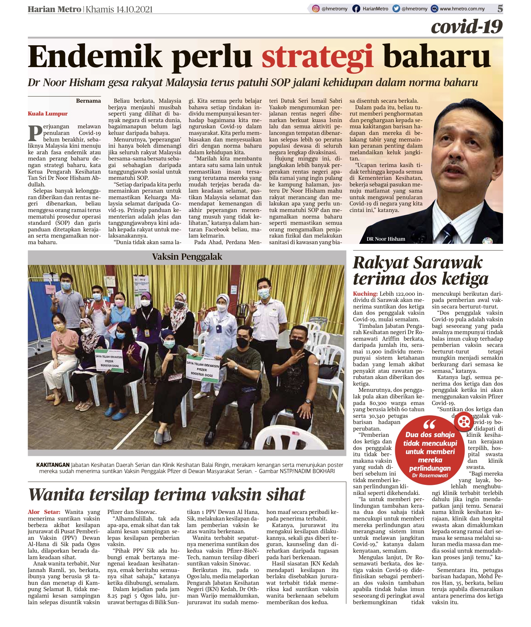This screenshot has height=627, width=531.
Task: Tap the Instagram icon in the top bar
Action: click(316, 9)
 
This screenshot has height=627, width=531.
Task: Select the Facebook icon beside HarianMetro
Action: click(356, 9)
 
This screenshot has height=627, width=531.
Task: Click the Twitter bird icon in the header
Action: click(396, 9)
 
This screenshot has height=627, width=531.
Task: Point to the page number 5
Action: click(500, 9)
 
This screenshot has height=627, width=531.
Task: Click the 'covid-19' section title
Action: click(467, 27)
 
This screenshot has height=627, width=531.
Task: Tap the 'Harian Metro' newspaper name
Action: click(54, 9)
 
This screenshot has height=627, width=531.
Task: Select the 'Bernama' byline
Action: click(88, 101)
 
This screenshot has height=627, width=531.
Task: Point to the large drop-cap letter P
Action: click(35, 133)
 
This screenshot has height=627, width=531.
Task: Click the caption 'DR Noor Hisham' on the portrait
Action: click(386, 239)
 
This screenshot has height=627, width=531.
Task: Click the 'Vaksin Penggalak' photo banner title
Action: click(187, 257)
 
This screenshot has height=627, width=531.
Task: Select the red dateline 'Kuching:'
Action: click(365, 294)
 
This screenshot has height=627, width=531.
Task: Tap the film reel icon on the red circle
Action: click(464, 422)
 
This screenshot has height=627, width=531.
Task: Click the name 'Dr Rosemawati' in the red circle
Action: click(430, 476)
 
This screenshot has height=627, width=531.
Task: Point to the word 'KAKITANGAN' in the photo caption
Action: click(53, 465)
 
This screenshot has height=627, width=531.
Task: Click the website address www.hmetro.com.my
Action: click(462, 9)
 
